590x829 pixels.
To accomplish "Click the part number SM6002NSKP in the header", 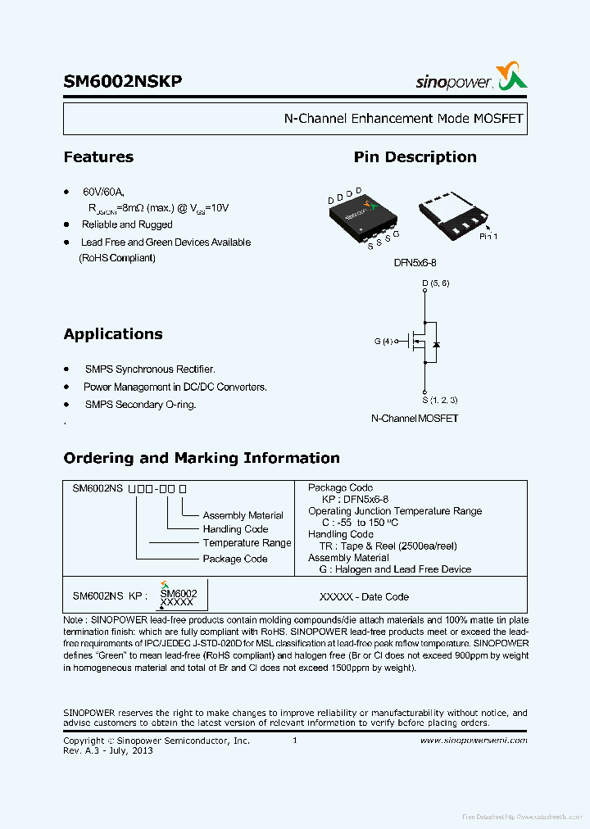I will [x=123, y=82].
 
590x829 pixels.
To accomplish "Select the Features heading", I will [x=98, y=157].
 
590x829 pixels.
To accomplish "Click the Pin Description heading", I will [x=415, y=157].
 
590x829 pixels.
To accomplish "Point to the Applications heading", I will [x=113, y=334].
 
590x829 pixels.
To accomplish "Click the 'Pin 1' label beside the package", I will [x=488, y=236].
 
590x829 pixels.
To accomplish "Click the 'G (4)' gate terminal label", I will [x=383, y=342].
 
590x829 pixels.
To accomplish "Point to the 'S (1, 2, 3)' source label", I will [x=440, y=400].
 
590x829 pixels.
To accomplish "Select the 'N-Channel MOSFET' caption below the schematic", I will [x=415, y=418].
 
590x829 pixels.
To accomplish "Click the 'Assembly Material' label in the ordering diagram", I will [x=243, y=515].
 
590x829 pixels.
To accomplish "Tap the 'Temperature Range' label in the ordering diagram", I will [x=247, y=543].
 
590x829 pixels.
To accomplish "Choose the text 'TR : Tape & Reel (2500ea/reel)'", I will [x=388, y=546].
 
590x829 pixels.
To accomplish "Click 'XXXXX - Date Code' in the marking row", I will [x=364, y=597].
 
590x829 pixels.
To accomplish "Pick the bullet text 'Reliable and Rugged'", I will [x=127, y=224].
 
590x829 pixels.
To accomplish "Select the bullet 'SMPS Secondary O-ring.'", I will [x=140, y=405].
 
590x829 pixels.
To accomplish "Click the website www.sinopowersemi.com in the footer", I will [x=474, y=741].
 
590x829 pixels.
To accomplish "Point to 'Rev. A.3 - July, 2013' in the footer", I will [x=108, y=750].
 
